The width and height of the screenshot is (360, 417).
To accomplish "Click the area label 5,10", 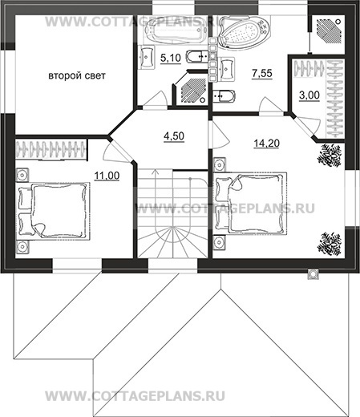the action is coord(171,58).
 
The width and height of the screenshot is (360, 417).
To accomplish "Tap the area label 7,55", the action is coord(262,73).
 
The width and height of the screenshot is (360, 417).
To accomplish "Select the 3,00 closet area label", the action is coord(309,95).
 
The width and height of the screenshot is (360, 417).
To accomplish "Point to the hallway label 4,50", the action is coord(174,136).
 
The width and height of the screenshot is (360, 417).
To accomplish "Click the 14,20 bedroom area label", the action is coord(266,144).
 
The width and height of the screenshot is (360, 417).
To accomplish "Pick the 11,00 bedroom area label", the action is coord(107,176).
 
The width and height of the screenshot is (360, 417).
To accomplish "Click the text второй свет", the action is coord(77,75).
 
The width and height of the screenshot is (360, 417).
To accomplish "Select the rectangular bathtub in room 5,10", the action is coord(176,30).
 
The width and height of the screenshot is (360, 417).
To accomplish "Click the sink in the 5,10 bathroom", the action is coord(146,57).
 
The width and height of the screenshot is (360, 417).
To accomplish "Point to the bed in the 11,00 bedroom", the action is coord(53,211).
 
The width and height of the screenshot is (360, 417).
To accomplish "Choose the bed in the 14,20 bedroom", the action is coord(250,204).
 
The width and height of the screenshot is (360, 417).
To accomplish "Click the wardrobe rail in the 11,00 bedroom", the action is coord(51,150).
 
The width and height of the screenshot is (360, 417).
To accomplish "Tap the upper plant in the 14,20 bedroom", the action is coord(330,155).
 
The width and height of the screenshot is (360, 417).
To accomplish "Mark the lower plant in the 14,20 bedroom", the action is coord(330,244).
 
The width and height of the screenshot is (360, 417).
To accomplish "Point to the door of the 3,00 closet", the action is coord(307,127).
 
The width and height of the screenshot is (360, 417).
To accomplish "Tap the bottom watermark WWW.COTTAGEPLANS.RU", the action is coord(135,396).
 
